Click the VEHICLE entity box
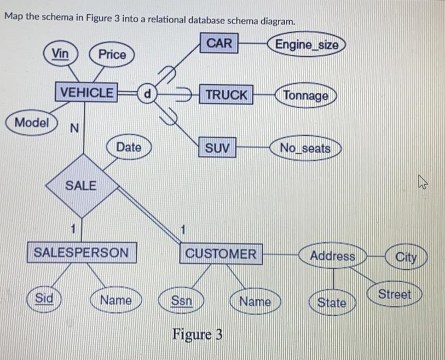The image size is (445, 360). [86, 92]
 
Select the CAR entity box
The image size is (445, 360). [219, 43]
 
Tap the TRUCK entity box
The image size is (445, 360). [226, 95]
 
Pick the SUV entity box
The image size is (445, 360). [217, 148]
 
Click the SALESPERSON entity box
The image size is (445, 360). [81, 253]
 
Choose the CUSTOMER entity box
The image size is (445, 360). [221, 254]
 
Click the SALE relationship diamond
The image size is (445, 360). [81, 185]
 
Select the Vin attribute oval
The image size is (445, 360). [61, 53]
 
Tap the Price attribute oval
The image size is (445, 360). [112, 54]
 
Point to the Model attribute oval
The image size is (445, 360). [32, 123]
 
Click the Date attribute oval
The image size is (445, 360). [129, 147]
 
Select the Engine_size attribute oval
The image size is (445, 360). [307, 45]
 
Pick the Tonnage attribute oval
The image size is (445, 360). [306, 96]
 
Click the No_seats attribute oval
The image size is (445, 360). [305, 148]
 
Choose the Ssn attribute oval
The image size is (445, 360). [182, 300]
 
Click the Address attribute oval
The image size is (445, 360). [332, 256]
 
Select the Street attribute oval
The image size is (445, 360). [395, 294]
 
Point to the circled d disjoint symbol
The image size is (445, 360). [146, 92]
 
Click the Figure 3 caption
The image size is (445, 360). [198, 333]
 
